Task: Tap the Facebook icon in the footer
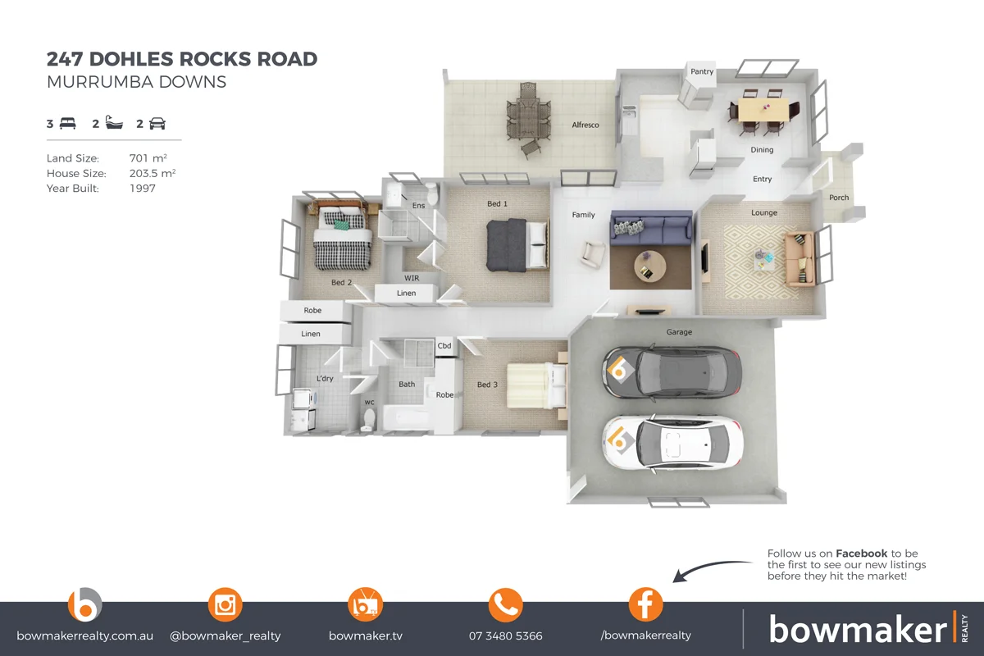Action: (645, 605)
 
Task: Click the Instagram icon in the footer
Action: (225, 605)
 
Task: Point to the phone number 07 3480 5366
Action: (505, 635)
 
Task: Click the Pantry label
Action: (702, 71)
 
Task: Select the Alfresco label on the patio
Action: (585, 125)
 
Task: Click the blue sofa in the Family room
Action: (650, 227)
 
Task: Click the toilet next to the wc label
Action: (369, 419)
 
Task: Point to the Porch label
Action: (839, 198)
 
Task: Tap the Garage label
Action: (679, 332)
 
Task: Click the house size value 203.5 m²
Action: (153, 173)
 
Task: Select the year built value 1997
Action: (143, 188)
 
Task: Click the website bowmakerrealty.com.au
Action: (84, 635)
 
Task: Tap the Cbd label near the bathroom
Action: (444, 346)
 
